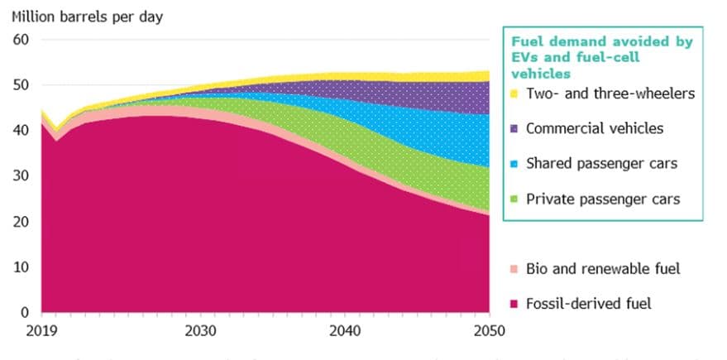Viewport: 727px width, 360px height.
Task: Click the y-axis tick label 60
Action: click(x=21, y=39)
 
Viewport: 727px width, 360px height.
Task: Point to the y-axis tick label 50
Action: click(x=21, y=84)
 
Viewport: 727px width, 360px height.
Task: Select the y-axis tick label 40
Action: click(x=21, y=130)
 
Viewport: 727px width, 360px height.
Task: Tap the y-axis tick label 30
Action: click(x=21, y=175)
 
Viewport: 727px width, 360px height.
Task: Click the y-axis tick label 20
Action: click(x=21, y=221)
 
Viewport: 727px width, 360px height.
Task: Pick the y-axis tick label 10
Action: click(x=21, y=266)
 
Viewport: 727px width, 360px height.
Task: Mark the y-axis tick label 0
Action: click(x=25, y=312)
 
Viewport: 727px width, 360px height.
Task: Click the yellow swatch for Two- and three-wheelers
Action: click(x=514, y=93)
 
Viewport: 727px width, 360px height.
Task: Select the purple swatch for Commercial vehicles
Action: click(x=514, y=128)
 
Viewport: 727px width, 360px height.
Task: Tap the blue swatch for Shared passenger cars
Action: click(x=514, y=164)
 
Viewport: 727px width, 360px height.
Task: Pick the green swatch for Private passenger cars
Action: click(x=514, y=199)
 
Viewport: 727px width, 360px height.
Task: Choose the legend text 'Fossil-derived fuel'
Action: click(x=588, y=304)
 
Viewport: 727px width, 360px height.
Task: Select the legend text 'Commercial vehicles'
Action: click(x=594, y=128)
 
